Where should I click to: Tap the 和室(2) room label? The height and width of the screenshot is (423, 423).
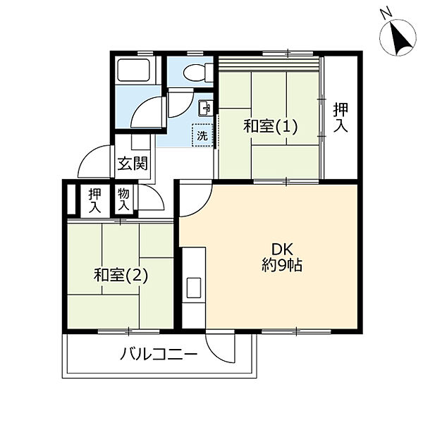(x=121, y=276)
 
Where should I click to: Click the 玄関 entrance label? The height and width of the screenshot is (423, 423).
(x=132, y=165)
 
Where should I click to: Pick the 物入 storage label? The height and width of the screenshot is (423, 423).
(x=124, y=200)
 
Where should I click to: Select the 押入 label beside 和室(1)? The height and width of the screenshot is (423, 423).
(x=341, y=118)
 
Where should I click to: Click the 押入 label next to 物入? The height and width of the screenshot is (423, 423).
(x=94, y=200)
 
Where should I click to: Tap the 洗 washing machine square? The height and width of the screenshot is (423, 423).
(x=202, y=135)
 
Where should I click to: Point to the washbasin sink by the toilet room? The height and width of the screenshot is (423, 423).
(x=205, y=108)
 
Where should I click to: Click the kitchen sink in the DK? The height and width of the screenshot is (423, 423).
(x=192, y=287)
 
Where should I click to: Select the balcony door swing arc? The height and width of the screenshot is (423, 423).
(x=225, y=347)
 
